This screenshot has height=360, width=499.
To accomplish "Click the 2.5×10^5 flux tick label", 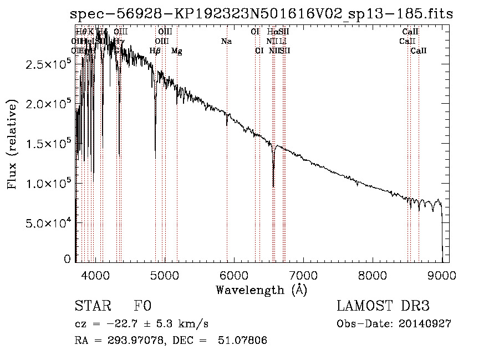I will tap(49, 64).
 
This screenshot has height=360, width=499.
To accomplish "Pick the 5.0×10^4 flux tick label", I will tap(49, 223).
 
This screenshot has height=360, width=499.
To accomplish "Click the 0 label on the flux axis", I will tap(67, 259).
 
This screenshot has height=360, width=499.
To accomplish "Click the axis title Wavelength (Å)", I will tap(261, 290).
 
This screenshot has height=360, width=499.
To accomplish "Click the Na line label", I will tap(226, 42).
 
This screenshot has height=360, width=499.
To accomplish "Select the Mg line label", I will tap(176, 51).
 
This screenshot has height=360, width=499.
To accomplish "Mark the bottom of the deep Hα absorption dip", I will tap(273, 186).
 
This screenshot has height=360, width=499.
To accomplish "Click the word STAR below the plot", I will tap(92, 307).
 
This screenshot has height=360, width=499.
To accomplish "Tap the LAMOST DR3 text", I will tap(383, 307).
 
